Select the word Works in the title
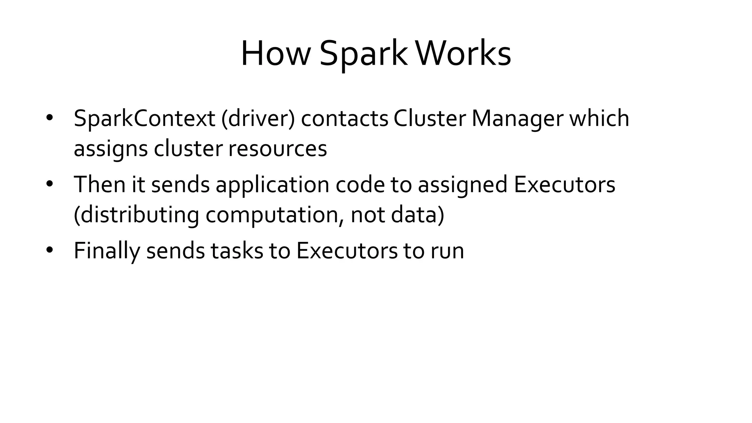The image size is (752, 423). coord(463,54)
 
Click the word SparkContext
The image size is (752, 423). coord(144,119)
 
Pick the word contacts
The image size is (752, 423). coord(344,119)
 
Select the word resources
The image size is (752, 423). coord(277,149)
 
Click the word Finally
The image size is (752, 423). coord(107,251)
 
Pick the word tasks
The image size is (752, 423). coord(237,251)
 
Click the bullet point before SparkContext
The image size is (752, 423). coord(50,118)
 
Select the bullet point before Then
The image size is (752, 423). coord(50,184)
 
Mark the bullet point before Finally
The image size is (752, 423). coord(50,250)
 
